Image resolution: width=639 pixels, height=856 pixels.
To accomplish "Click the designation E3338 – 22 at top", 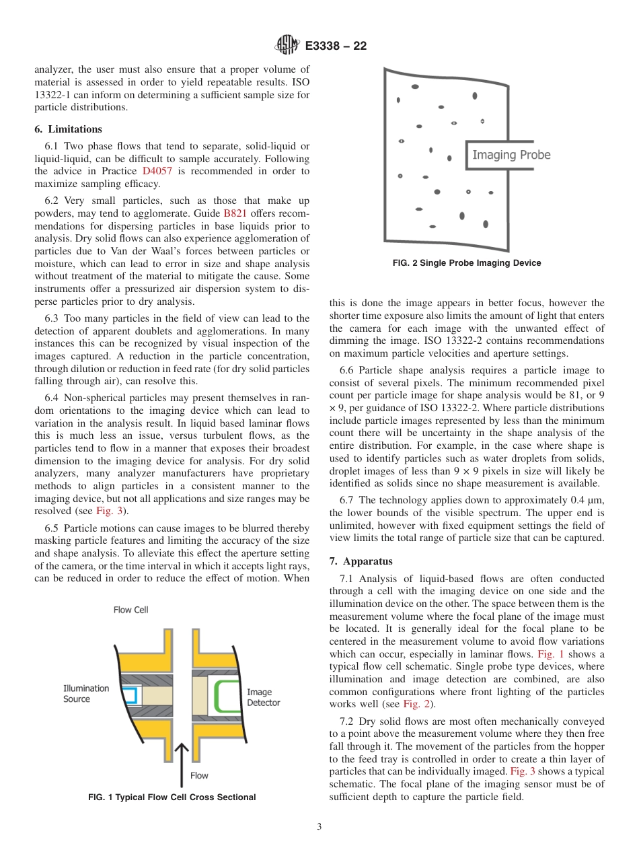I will point(336,46).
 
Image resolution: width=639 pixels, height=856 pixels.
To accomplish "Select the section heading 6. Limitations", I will point(68,129).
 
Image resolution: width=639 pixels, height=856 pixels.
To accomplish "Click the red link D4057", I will point(157,171).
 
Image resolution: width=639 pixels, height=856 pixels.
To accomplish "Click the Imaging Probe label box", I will point(511,155).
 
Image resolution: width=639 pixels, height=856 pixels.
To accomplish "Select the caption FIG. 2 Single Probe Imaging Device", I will point(466,263).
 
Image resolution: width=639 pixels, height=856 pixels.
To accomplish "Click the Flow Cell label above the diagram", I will point(130,610).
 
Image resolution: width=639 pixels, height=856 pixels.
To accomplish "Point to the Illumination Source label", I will point(85,693).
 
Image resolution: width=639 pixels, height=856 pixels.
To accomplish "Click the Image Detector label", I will point(263,697).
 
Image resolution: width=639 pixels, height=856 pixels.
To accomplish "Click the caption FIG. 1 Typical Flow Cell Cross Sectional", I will point(172,797).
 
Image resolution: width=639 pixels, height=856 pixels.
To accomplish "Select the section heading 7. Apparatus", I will point(361,561).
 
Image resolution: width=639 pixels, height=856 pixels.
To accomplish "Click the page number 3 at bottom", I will point(319,827).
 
